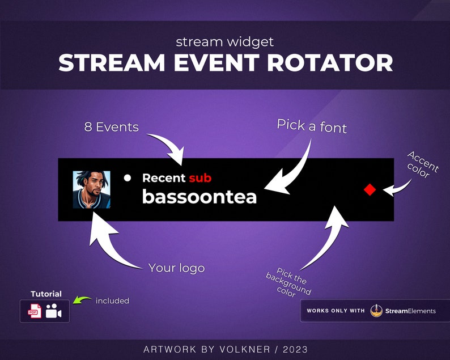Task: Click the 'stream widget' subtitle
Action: pyautogui.click(x=225, y=41)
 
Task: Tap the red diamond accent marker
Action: pyautogui.click(x=370, y=190)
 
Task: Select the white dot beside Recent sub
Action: pyautogui.click(x=128, y=178)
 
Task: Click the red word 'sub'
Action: pyautogui.click(x=200, y=178)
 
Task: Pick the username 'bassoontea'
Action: pyautogui.click(x=199, y=197)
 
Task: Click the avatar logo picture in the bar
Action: pyautogui.click(x=92, y=189)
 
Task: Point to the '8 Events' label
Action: pyautogui.click(x=111, y=127)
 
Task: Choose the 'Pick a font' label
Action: pyautogui.click(x=312, y=126)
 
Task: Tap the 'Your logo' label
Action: pyautogui.click(x=176, y=268)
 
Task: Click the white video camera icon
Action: pyautogui.click(x=54, y=311)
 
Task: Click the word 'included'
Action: pyautogui.click(x=112, y=300)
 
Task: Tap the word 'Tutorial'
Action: pyautogui.click(x=46, y=294)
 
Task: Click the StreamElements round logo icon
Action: pyautogui.click(x=376, y=311)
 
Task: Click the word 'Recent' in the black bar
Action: pyautogui.click(x=164, y=178)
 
